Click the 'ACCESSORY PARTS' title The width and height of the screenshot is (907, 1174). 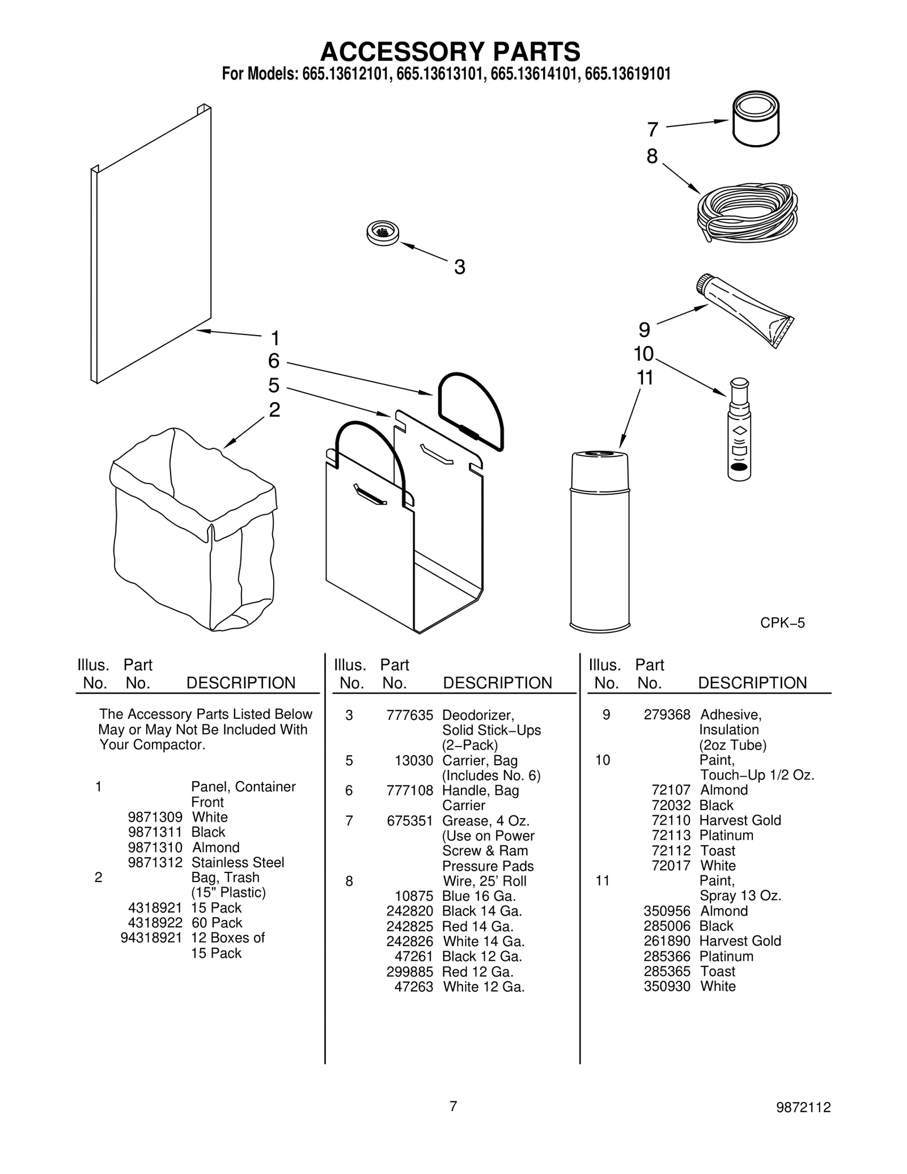point(450,52)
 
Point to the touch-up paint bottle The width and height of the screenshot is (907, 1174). point(739,431)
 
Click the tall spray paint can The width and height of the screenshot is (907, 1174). point(600,539)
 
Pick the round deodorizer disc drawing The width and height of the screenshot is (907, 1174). point(383,232)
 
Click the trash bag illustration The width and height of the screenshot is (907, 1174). point(193,533)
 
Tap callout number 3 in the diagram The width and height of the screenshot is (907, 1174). point(459,267)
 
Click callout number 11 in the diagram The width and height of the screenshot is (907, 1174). point(645,378)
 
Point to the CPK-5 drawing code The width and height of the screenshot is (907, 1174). point(782,623)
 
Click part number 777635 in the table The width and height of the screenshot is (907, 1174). point(409,715)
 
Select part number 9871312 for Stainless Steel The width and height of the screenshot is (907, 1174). point(155,862)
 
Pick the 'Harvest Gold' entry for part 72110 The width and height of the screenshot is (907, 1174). point(740,820)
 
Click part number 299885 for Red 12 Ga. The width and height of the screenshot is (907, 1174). point(409,972)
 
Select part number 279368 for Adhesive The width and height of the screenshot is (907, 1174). point(667,715)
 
